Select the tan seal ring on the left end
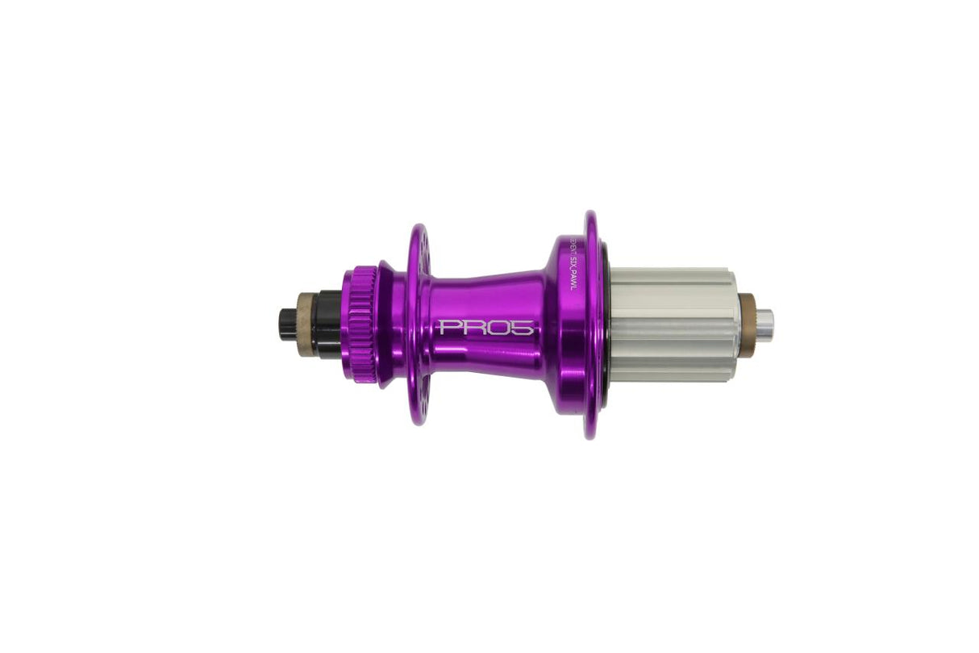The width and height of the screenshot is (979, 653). (x=306, y=325)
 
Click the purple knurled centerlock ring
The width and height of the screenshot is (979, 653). (x=360, y=325)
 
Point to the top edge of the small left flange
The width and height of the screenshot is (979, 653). (x=418, y=227)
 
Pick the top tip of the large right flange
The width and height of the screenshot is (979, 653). (x=591, y=213)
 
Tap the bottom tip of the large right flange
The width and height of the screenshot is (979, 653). (x=591, y=437)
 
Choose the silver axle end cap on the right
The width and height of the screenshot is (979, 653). (x=764, y=325)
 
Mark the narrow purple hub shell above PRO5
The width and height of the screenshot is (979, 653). (x=484, y=291)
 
